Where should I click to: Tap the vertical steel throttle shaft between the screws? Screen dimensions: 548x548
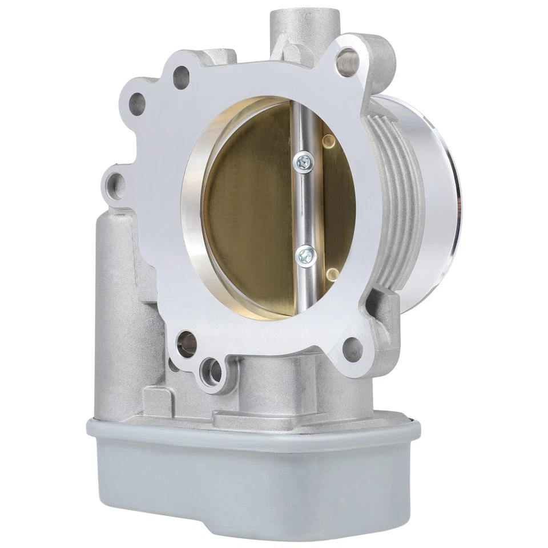coord(304,208)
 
